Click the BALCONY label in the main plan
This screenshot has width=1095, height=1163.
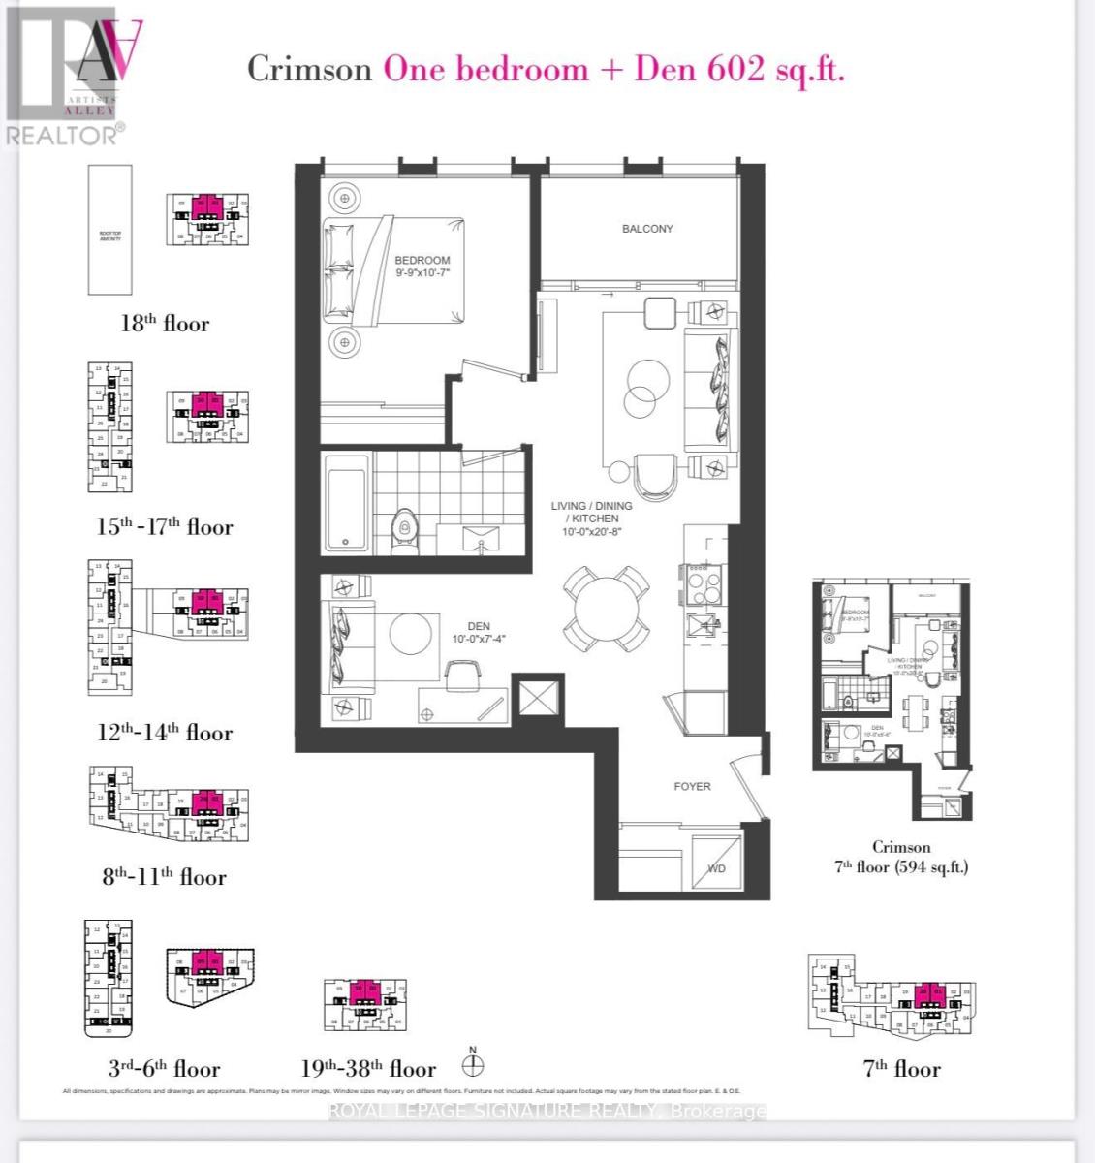[x=646, y=229]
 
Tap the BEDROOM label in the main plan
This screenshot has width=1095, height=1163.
[x=422, y=261]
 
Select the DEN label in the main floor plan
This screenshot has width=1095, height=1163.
[x=478, y=626]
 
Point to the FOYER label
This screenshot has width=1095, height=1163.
[x=692, y=786]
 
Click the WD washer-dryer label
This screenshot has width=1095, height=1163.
[x=716, y=868]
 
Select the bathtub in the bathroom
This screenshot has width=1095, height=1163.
[x=346, y=503]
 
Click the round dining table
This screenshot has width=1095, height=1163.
[x=608, y=609]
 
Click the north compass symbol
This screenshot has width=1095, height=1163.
[x=473, y=1065]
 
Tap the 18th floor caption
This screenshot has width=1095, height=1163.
[x=164, y=324]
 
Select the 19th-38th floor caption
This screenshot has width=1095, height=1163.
[x=368, y=1069]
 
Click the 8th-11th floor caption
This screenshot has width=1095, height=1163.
[x=164, y=877]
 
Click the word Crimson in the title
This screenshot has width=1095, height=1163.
[x=309, y=70]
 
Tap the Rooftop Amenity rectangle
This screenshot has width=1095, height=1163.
[x=109, y=229]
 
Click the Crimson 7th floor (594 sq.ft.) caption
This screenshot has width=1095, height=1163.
[x=900, y=857]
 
